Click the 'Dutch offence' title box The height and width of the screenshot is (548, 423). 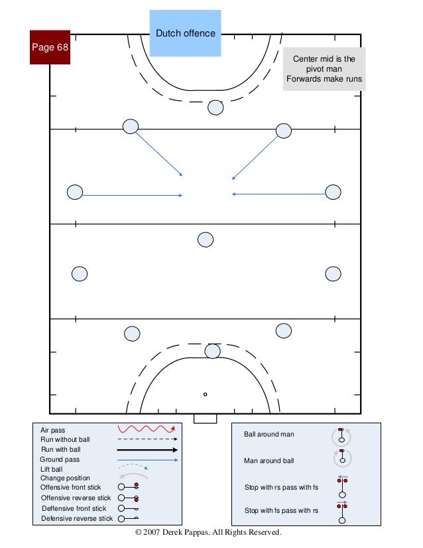(185, 33)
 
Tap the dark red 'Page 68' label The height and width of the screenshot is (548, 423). (50, 47)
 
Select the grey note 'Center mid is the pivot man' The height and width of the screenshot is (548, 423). (324, 69)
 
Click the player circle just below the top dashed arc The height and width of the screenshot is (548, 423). (215, 107)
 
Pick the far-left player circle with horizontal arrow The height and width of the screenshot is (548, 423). (75, 192)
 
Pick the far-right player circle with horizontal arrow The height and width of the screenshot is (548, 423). (333, 192)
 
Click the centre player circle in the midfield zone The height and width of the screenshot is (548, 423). (206, 240)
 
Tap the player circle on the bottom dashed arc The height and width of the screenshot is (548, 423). (212, 350)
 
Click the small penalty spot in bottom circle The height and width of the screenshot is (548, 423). (206, 394)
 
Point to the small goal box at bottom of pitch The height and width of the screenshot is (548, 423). (205, 419)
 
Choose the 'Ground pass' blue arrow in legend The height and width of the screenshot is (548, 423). (148, 459)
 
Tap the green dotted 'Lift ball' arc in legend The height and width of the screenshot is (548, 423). (135, 468)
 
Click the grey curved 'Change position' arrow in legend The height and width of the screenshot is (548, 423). (133, 476)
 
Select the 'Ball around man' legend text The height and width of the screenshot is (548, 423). (269, 435)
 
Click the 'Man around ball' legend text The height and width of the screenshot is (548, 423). (269, 460)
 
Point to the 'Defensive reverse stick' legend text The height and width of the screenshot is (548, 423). (77, 518)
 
